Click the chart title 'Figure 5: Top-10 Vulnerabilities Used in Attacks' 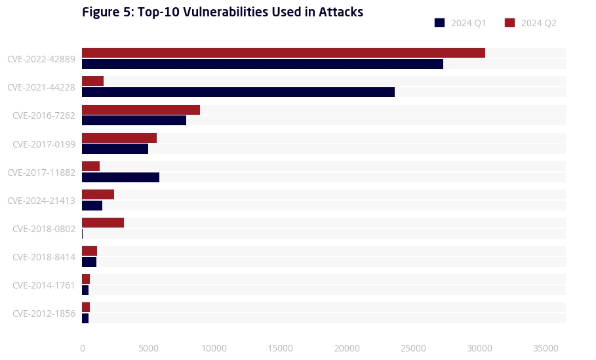tap(222, 12)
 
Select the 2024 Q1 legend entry tap(460, 23)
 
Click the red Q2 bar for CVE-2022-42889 tap(283, 52)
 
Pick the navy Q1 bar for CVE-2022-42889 tap(262, 64)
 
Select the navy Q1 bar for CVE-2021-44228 tap(238, 92)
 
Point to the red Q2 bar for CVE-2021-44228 tap(92, 81)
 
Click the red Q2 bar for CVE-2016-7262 tap(141, 110)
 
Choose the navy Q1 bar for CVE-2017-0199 tap(115, 149)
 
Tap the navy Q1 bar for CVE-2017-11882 tap(121, 177)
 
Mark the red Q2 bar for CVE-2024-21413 tap(98, 194)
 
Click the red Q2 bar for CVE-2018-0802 tap(103, 222)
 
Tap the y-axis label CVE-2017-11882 tap(41, 172)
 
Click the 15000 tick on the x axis tap(281, 348)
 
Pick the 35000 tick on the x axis tap(546, 348)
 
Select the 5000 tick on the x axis tap(148, 348)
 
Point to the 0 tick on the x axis tap(82, 348)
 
